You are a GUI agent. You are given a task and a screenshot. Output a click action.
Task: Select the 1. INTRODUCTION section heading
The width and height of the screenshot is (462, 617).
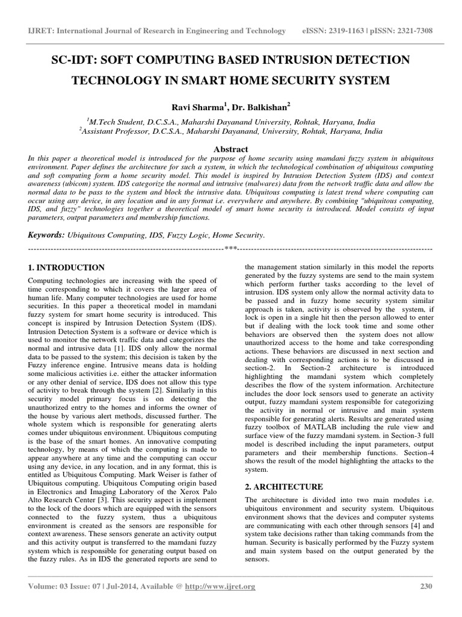pos(67,268)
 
